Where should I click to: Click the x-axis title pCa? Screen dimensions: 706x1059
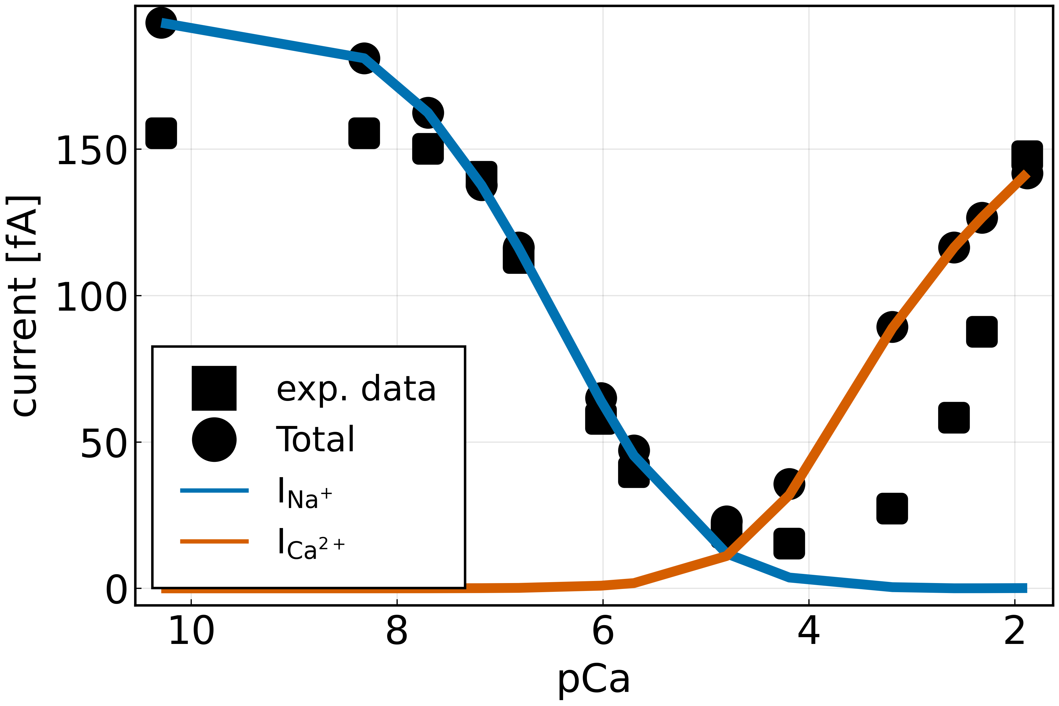coord(593,679)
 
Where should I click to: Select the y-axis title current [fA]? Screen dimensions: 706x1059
coord(25,306)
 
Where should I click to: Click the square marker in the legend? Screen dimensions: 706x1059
coord(214,388)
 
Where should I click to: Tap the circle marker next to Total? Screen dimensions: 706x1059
coord(214,440)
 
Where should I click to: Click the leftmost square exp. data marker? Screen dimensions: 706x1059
coord(161,133)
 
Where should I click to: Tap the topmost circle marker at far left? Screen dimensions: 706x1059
coord(161,23)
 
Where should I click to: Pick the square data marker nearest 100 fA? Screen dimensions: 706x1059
coord(982,332)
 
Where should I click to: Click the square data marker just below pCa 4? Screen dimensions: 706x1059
coord(789,543)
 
